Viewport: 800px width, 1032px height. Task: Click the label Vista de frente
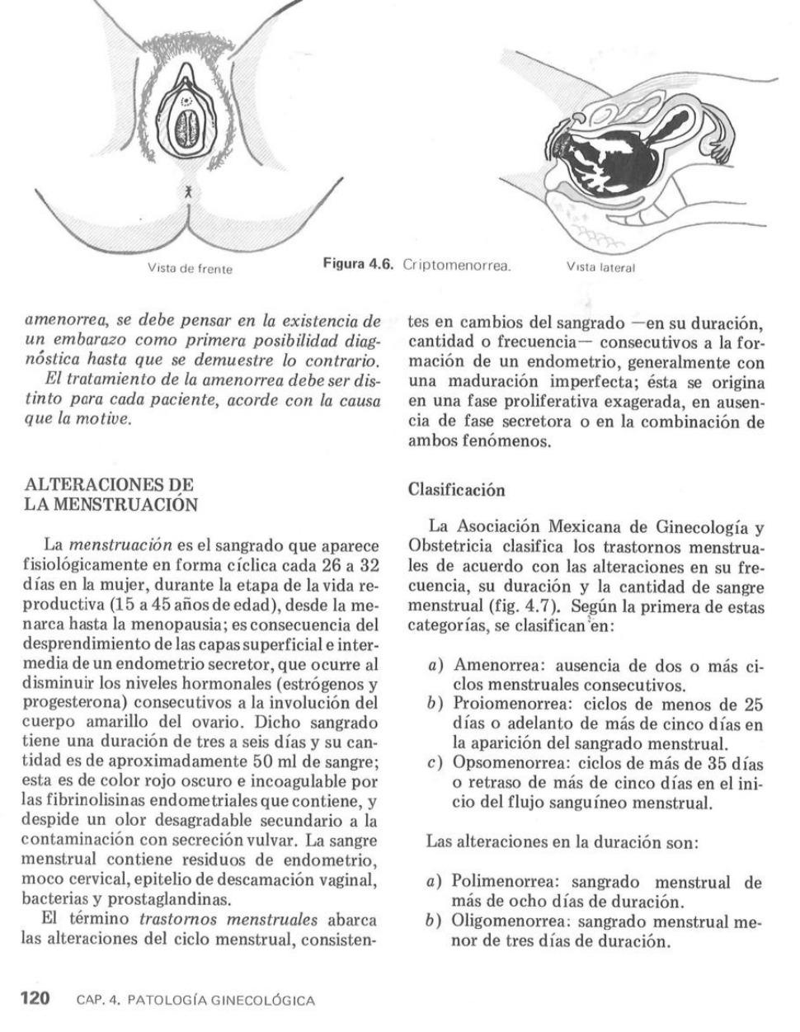(190, 269)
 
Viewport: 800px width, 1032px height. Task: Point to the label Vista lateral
(600, 267)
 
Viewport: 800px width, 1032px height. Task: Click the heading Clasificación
(456, 489)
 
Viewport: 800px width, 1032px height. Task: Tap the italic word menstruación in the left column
(120, 545)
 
